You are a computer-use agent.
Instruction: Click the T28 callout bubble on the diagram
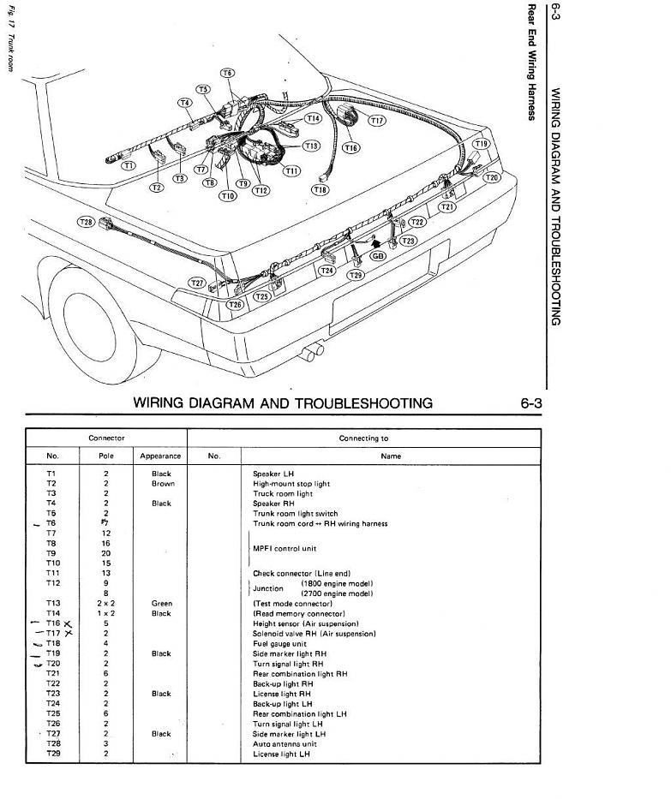[86, 222]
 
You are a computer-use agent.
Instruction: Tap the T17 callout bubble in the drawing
[377, 121]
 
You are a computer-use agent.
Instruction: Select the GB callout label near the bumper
[378, 256]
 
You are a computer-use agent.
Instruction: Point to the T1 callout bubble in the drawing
[128, 164]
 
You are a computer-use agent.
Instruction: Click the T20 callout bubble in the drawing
[491, 177]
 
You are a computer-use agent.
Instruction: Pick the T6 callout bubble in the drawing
[227, 74]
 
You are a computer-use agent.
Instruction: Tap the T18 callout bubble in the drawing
[320, 189]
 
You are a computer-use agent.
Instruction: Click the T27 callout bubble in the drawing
[198, 283]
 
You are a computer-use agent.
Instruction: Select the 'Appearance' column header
[160, 456]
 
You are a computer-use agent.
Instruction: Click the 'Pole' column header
[106, 456]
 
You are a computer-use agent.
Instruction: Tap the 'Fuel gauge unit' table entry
[279, 644]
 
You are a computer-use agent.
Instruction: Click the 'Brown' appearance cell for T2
[163, 484]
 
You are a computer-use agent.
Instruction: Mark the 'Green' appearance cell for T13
[161, 604]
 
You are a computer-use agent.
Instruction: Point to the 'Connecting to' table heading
[363, 438]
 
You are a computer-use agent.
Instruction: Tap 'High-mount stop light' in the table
[291, 484]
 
